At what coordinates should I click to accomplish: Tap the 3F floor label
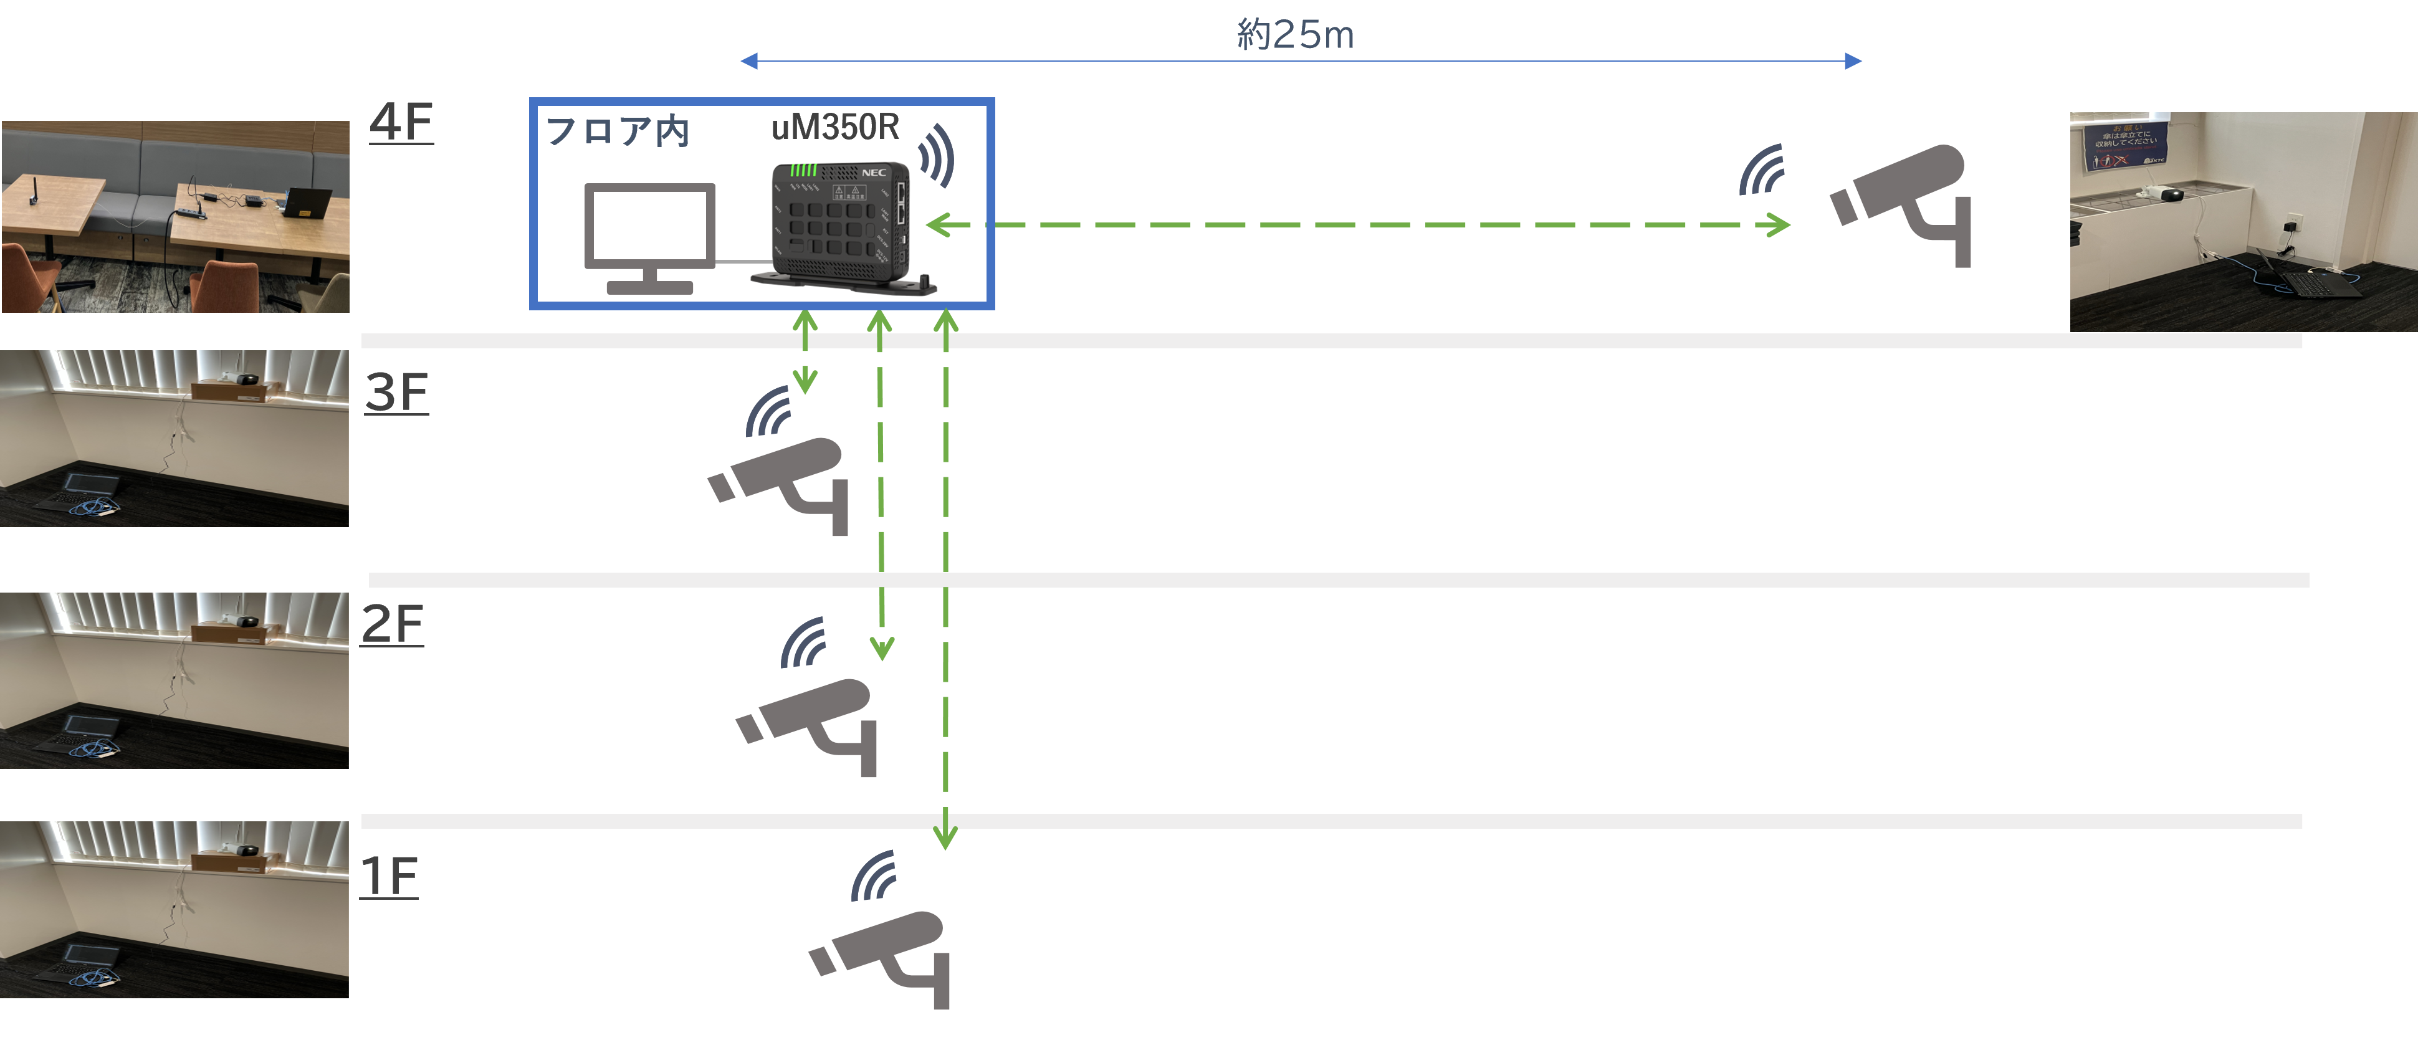pos(396,393)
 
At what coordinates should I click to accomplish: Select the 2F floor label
pos(393,624)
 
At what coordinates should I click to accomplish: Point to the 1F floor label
pos(389,877)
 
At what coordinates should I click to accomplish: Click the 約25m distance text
pos(1296,36)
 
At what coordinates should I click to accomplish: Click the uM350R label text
pos(834,126)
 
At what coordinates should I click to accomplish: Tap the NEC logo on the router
pos(874,173)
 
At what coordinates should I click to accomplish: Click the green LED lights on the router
pos(803,171)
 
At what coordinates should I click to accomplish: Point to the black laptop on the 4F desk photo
pos(308,203)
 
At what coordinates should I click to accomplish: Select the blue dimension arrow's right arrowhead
pos(1854,62)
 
